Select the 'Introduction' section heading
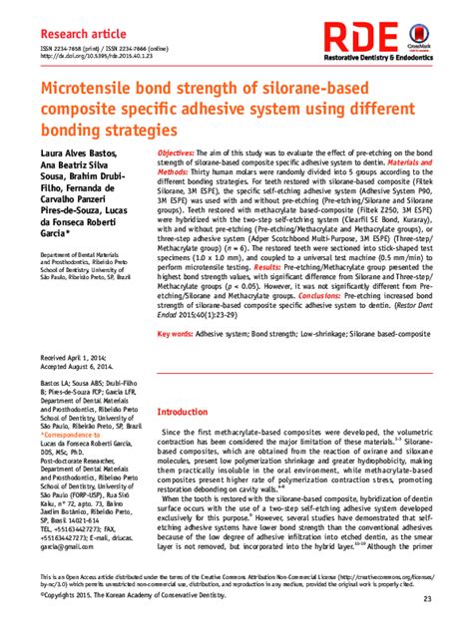[x=192, y=412]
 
